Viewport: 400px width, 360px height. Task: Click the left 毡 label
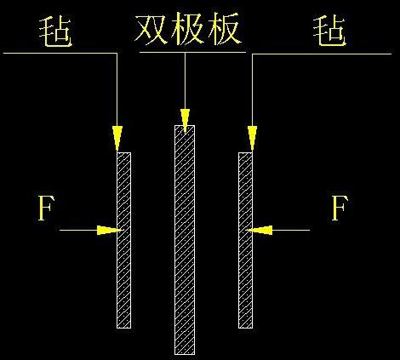(x=55, y=31)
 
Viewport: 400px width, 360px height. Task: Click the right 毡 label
(x=329, y=31)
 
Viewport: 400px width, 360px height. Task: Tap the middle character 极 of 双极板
(x=187, y=29)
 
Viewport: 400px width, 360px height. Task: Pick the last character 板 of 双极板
(x=225, y=29)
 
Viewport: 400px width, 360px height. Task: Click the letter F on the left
(x=46, y=208)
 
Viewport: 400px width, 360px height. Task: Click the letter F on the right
(x=340, y=208)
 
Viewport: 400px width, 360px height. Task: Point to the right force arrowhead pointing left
(x=259, y=230)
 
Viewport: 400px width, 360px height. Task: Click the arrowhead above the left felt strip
(x=117, y=138)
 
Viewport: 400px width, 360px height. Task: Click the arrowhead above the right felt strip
(x=252, y=138)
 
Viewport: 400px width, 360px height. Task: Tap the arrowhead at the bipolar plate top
(x=185, y=122)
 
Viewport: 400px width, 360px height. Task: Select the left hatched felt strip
(x=123, y=240)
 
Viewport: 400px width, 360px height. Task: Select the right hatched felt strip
(x=245, y=240)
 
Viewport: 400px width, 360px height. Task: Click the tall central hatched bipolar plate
(x=185, y=240)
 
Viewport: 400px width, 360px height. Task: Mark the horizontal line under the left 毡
(x=60, y=53)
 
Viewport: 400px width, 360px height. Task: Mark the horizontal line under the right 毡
(x=322, y=54)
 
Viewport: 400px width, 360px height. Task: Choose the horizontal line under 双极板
(x=192, y=52)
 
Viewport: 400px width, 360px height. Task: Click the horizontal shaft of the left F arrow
(x=78, y=230)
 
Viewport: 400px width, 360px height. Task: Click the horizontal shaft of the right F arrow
(x=291, y=230)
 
